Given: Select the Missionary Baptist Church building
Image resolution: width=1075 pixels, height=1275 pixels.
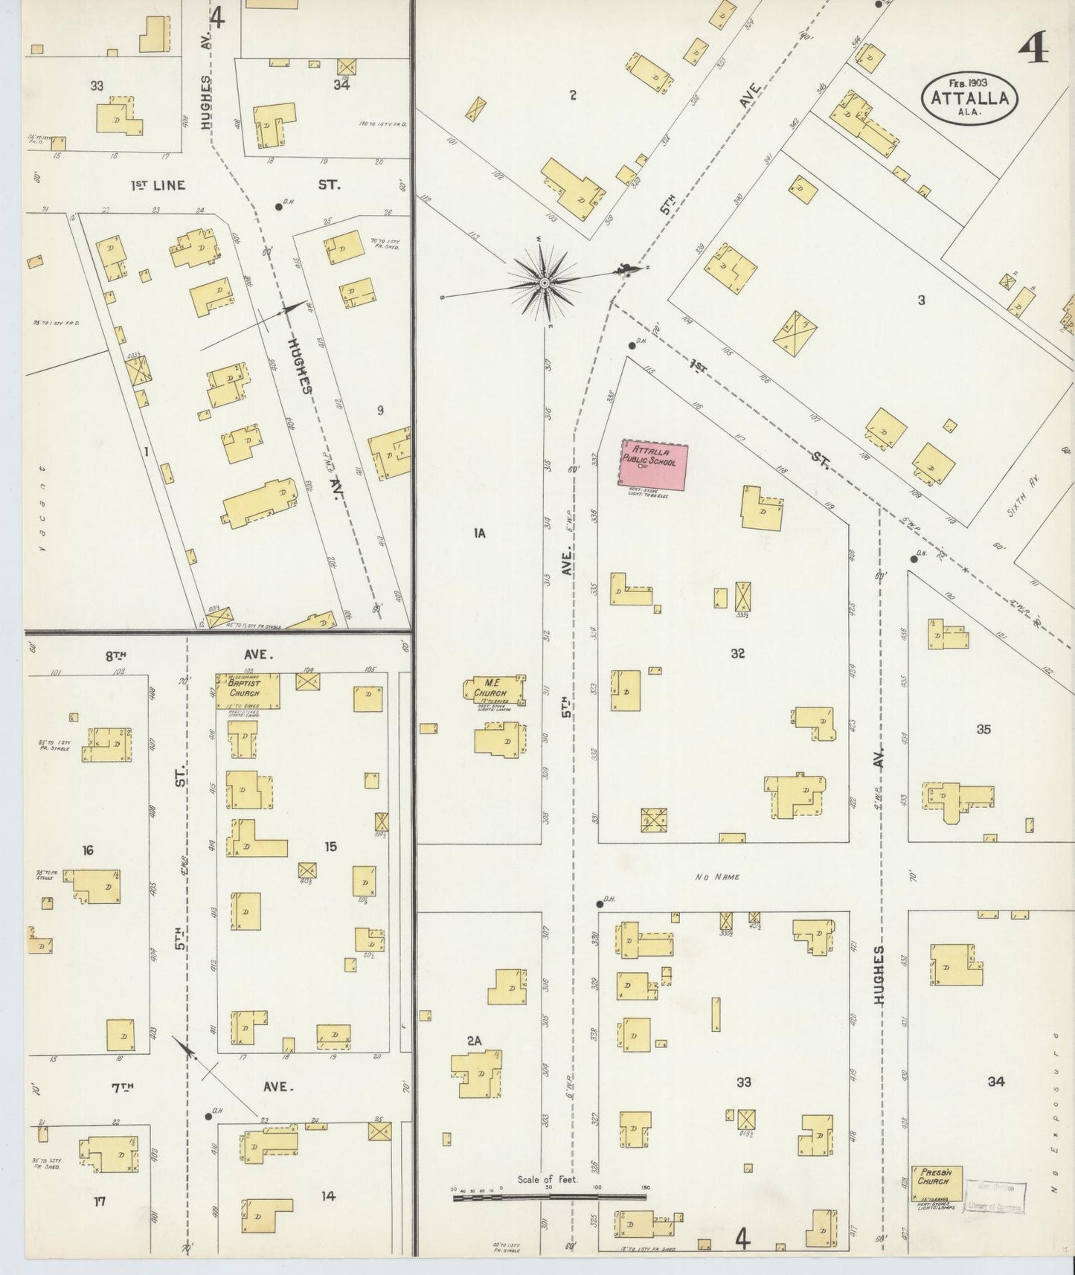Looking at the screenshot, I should (x=248, y=690).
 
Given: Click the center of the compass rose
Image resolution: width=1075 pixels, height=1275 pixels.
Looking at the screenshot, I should (x=544, y=283).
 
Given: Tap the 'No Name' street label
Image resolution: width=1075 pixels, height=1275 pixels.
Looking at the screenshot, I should (x=717, y=877).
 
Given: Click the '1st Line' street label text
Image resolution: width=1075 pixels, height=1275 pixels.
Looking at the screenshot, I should (x=158, y=185).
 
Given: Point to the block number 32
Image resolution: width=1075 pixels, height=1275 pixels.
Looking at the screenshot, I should (x=737, y=653).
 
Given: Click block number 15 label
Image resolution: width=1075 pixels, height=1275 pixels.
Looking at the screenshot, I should (x=330, y=846).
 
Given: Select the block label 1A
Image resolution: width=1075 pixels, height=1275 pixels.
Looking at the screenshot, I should (x=478, y=533).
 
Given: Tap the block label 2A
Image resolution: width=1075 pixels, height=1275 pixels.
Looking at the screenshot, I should (x=475, y=1041).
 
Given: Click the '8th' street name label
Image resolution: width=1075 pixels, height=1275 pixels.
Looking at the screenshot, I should (x=115, y=655).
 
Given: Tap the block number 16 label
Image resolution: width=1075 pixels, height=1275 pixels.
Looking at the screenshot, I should (x=88, y=850).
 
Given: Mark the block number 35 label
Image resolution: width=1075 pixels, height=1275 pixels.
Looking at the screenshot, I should (x=983, y=729).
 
